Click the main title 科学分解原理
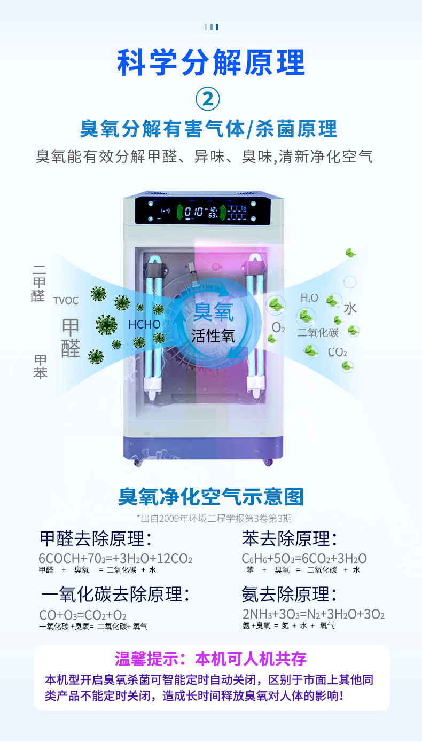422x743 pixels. click(210, 62)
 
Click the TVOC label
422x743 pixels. click(66, 301)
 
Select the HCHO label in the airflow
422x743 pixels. click(144, 324)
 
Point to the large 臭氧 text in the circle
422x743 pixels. click(213, 312)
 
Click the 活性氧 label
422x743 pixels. click(213, 336)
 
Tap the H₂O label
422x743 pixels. click(309, 298)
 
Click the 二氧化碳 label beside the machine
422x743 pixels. click(318, 333)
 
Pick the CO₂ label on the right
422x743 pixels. click(337, 353)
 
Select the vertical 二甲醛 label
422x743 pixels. click(39, 284)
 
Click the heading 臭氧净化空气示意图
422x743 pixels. click(210, 497)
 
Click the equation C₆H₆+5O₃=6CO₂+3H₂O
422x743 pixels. click(304, 559)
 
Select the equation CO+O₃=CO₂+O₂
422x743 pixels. click(83, 615)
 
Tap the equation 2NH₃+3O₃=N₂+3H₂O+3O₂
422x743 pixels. click(314, 614)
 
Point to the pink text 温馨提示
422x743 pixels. click(148, 659)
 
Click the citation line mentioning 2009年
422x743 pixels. click(214, 518)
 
